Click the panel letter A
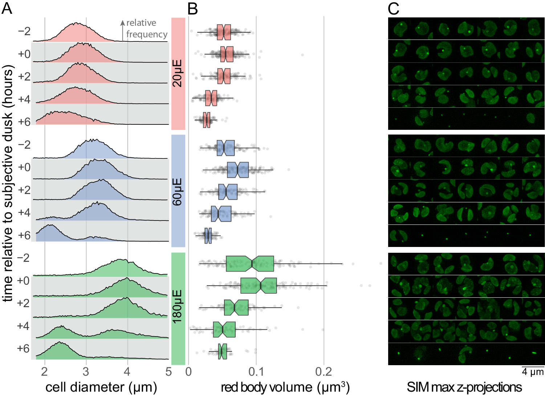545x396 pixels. click(7, 8)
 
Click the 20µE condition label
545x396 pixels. click(178, 74)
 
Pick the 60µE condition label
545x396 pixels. click(178, 191)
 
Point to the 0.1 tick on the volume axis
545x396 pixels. click(256, 372)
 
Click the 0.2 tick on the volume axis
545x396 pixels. click(324, 372)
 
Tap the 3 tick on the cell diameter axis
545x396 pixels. click(86, 372)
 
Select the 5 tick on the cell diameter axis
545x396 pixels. click(168, 372)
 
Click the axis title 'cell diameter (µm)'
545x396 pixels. click(101, 387)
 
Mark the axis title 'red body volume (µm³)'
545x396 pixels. click(285, 387)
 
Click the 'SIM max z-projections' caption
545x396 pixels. click(464, 387)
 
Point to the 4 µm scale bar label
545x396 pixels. click(533, 372)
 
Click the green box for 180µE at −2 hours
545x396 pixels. click(250, 264)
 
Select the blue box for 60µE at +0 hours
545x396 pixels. click(238, 170)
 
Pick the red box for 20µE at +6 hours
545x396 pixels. click(207, 120)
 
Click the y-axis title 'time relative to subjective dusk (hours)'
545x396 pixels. click(8, 183)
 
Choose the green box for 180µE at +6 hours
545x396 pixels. click(223, 351)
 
